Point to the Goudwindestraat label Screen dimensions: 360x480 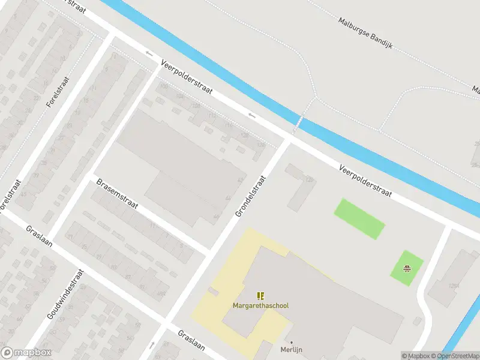65,293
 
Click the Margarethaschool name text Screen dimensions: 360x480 260,306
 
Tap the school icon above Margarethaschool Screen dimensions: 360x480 260,296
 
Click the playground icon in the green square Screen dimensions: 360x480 407,268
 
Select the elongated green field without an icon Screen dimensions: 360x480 359,218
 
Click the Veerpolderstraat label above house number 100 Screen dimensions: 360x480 187,77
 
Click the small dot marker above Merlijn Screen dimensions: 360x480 292,343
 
